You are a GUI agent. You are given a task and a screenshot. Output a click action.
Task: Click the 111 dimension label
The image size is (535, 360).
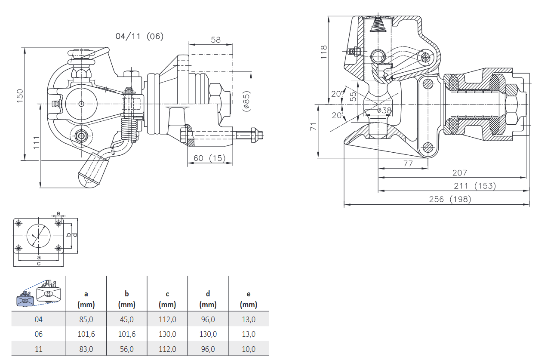click(37, 143)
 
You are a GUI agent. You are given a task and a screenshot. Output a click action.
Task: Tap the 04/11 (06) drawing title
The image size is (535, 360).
click(139, 36)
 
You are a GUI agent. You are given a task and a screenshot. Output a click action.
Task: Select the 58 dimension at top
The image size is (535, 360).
click(215, 40)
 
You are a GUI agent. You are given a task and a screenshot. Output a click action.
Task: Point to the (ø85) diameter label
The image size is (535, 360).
click(246, 101)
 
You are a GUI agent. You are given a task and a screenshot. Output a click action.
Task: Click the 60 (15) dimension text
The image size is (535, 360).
click(209, 158)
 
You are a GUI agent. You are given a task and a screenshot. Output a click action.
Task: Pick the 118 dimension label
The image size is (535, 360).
click(324, 52)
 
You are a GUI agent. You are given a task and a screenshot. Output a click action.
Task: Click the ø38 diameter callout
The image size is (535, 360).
click(384, 111)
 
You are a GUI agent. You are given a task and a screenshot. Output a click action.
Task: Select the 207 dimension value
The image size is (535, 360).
click(459, 173)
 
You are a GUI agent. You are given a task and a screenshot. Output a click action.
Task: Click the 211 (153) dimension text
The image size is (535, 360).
click(475, 186)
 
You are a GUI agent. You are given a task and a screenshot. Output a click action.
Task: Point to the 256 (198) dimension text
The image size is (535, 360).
click(450, 199)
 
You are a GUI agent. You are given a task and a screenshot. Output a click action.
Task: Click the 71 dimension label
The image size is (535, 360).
click(314, 126)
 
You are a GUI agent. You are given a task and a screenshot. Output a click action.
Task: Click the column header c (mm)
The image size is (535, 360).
click(167, 299)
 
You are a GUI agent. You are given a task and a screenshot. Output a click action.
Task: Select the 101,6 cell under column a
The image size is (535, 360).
click(86, 334)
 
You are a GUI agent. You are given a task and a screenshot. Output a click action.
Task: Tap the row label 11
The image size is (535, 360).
click(39, 349)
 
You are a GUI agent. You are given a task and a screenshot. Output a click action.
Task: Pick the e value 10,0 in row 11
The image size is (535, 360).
click(249, 349)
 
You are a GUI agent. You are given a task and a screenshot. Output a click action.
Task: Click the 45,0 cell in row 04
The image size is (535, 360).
click(126, 320)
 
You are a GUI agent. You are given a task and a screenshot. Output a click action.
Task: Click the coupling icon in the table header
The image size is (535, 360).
click(39, 293)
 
